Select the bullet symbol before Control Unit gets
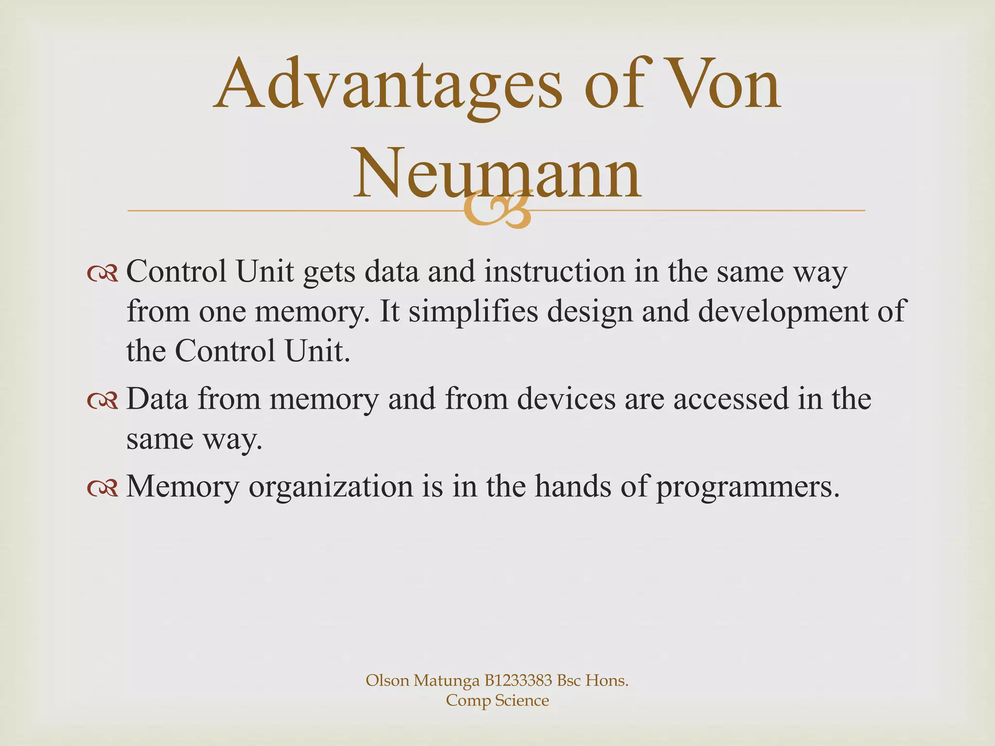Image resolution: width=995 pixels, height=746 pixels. coord(103,274)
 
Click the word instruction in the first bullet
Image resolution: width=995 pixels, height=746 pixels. coord(554,272)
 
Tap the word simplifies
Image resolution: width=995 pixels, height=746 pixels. coord(473,312)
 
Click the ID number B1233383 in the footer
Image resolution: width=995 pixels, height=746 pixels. coord(518,680)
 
